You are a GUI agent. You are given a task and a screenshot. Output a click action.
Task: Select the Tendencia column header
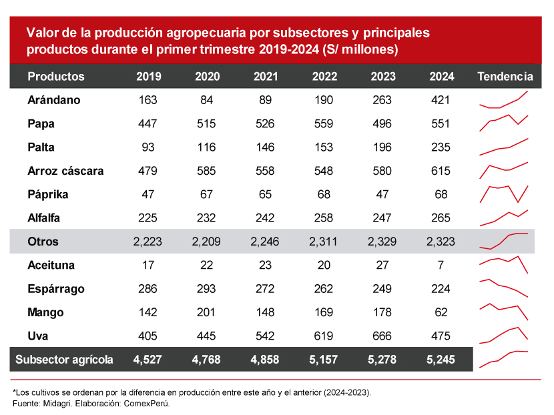(505, 77)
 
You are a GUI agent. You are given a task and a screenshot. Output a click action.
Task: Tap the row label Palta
(41, 147)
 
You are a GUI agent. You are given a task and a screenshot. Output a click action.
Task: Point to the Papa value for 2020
(207, 124)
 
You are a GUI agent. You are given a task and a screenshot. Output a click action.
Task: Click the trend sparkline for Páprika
(504, 193)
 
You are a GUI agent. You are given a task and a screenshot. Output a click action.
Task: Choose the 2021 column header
(266, 77)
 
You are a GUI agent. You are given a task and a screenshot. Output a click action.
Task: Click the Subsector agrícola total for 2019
(148, 360)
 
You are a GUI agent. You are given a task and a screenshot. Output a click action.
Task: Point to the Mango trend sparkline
(504, 311)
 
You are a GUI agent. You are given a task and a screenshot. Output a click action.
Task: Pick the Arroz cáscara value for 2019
(148, 171)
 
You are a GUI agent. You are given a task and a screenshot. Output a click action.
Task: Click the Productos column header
(56, 77)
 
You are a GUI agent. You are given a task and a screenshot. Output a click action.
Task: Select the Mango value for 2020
(207, 313)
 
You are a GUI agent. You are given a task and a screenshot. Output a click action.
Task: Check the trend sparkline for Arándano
(504, 100)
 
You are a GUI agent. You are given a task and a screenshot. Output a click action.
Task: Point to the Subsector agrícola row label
(64, 360)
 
